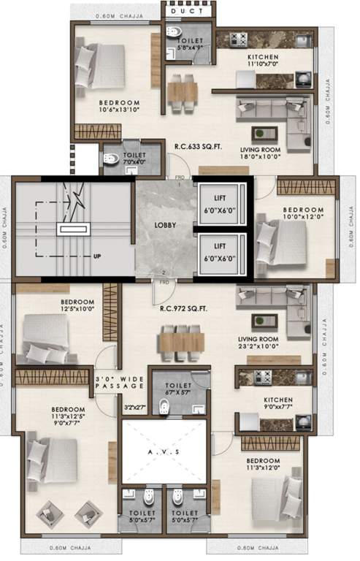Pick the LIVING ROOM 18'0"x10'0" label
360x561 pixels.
[x=262, y=153]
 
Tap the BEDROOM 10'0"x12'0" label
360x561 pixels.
[x=302, y=214]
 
